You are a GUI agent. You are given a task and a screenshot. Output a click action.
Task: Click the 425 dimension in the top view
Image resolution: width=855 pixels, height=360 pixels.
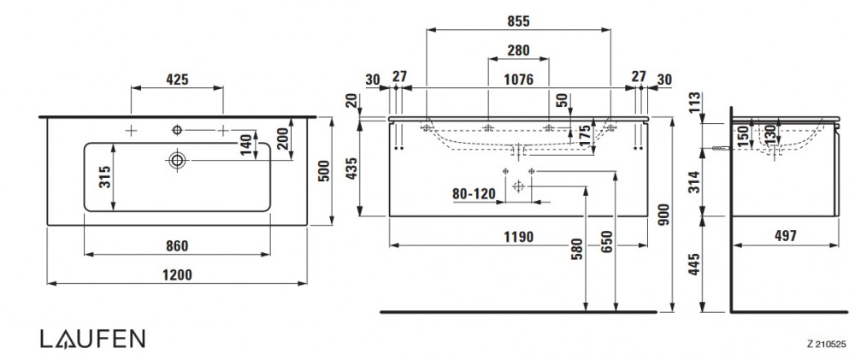click(176, 80)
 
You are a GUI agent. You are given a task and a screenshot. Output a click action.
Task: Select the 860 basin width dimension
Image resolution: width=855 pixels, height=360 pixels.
click(176, 246)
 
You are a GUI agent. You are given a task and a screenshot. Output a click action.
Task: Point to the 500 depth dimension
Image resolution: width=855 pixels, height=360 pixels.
click(323, 170)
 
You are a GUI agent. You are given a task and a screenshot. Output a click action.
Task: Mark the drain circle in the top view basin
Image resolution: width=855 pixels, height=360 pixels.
click(177, 159)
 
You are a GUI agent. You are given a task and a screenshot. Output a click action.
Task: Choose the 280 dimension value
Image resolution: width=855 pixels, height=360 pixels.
click(517, 50)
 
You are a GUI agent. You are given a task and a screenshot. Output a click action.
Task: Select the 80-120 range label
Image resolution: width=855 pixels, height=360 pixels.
click(474, 193)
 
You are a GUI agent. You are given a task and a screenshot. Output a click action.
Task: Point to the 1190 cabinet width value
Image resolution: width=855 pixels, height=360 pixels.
click(518, 236)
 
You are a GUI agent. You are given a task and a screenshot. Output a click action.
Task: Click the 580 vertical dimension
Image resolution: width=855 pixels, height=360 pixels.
click(577, 257)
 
